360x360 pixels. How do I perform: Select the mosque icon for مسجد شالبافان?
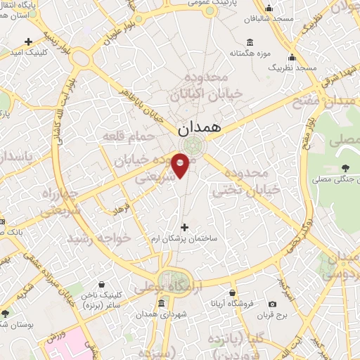pos(269,8)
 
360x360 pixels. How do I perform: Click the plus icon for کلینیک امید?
pos(28,42)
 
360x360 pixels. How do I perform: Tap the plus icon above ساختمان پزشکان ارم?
pos(185,227)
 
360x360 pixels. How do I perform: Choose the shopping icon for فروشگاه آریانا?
pos(233,292)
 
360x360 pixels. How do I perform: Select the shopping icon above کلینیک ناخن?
pos(102,284)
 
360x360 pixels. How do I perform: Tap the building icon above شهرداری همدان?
pos(162,304)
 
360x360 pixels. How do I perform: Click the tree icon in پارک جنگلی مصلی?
pos(345,167)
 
